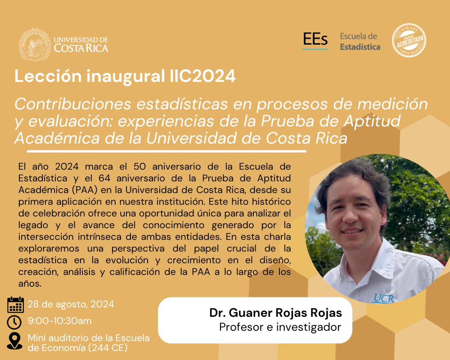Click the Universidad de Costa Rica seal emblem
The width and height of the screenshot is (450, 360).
click(x=35, y=44)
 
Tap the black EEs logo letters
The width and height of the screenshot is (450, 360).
click(x=315, y=39)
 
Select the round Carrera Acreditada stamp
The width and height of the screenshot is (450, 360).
click(x=409, y=40)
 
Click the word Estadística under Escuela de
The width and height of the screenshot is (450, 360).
click(x=360, y=47)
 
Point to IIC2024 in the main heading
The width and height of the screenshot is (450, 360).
click(x=202, y=76)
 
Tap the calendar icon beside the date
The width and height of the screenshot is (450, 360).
click(x=15, y=305)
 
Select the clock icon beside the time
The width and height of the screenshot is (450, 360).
click(x=14, y=322)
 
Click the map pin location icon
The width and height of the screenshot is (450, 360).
click(x=15, y=341)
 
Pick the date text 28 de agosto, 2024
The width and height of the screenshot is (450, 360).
click(x=71, y=304)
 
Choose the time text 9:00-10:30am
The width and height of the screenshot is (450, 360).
click(x=60, y=321)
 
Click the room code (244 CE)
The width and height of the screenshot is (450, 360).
click(x=108, y=348)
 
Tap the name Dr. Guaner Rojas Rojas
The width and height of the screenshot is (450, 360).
click(x=275, y=313)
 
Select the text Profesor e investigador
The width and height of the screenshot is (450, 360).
click(x=280, y=327)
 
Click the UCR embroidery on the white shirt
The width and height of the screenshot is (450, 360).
click(x=384, y=298)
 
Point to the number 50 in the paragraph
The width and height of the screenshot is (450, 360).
click(x=140, y=166)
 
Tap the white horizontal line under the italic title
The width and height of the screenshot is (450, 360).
click(x=166, y=151)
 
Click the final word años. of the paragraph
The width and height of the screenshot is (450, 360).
click(x=30, y=283)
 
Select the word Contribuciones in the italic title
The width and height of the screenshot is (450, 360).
click(x=73, y=104)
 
